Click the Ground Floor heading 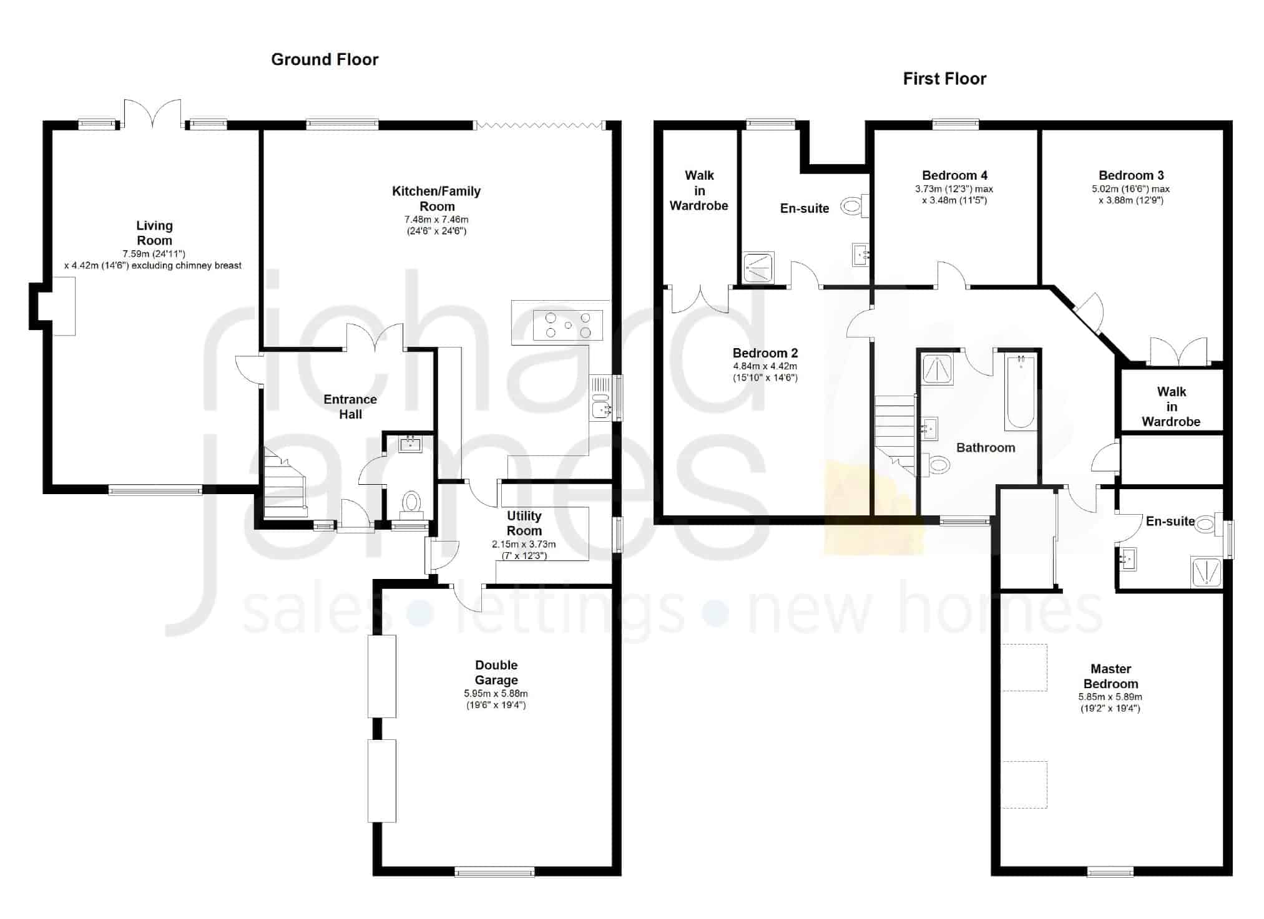click(x=325, y=59)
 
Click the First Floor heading click(x=944, y=79)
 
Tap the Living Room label click(x=154, y=233)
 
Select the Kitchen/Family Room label click(x=436, y=198)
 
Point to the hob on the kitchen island click(x=567, y=325)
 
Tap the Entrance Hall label click(x=350, y=407)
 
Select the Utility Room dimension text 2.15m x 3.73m click(x=524, y=544)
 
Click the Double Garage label click(x=496, y=673)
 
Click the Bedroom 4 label click(x=954, y=175)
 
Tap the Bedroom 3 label click(x=1131, y=175)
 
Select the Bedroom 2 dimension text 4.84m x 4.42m click(x=765, y=366)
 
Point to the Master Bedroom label click(x=1110, y=676)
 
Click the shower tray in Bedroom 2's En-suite click(x=759, y=268)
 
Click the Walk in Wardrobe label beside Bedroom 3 click(x=1171, y=407)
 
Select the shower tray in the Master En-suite click(x=1206, y=572)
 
